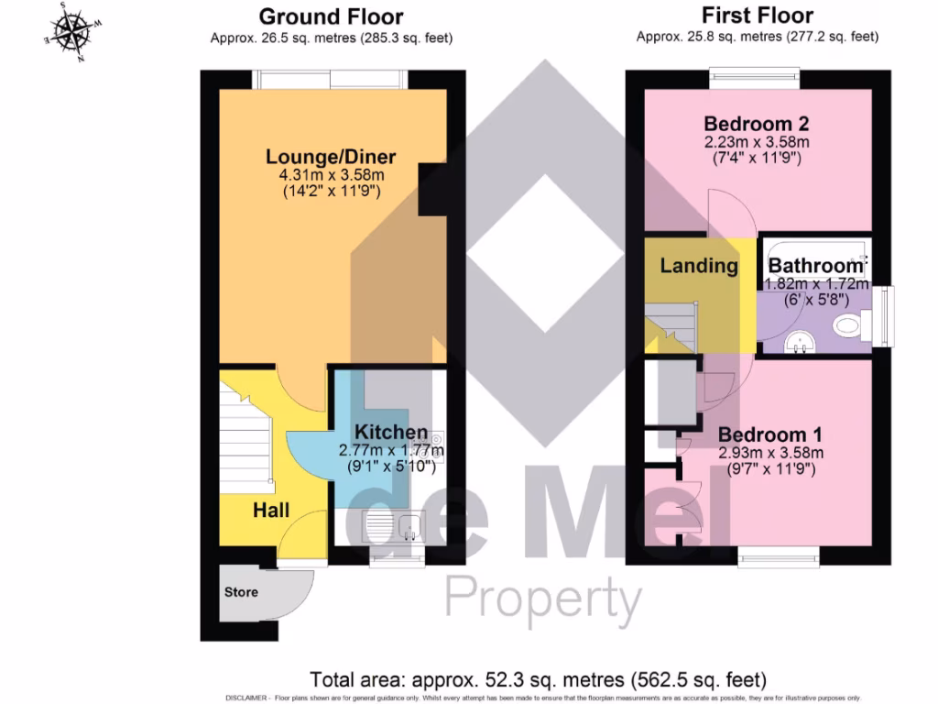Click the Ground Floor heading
(x=331, y=16)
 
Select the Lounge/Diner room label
(x=331, y=157)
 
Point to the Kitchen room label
(x=391, y=432)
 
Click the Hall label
(x=271, y=510)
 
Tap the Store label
(x=241, y=592)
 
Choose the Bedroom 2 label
(x=757, y=124)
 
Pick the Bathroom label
(x=815, y=267)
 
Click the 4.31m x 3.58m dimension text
(x=331, y=175)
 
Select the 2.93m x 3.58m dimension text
(x=769, y=453)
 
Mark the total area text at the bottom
(x=538, y=680)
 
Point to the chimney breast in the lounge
(x=431, y=190)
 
